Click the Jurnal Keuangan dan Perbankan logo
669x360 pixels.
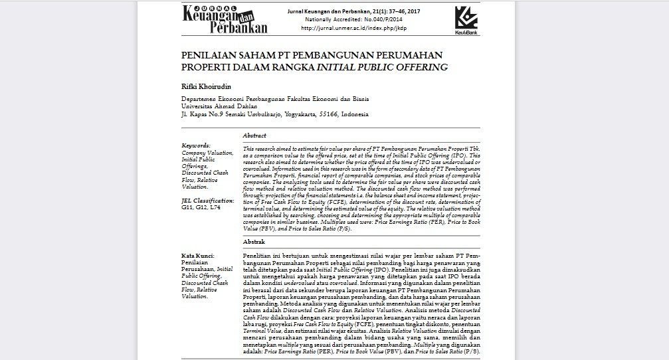[226, 19]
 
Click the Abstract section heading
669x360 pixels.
[254, 135]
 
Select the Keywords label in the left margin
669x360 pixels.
[196, 145]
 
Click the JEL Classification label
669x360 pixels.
[208, 200]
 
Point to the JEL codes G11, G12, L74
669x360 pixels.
[201, 207]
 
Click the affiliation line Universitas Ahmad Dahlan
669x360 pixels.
[219, 106]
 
